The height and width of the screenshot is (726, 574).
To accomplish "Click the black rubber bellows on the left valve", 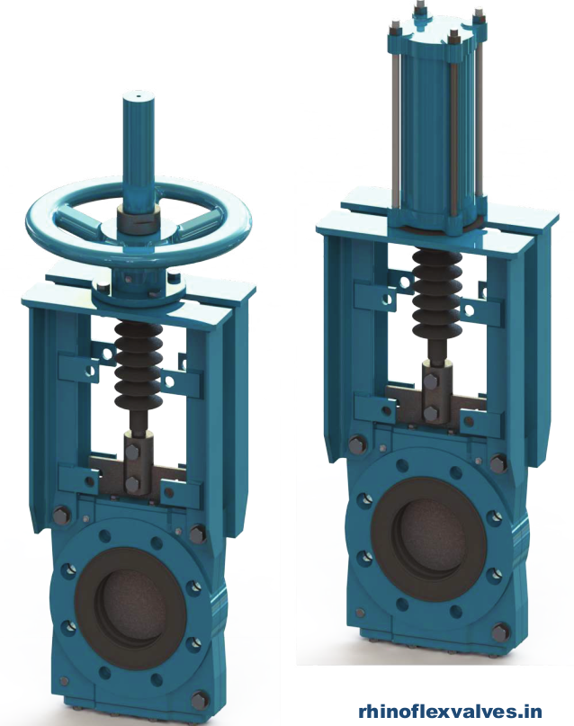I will [x=136, y=364].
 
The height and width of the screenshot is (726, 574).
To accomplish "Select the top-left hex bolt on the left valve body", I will [x=61, y=515].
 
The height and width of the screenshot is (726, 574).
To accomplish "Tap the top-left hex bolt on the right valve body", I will [x=358, y=444].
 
